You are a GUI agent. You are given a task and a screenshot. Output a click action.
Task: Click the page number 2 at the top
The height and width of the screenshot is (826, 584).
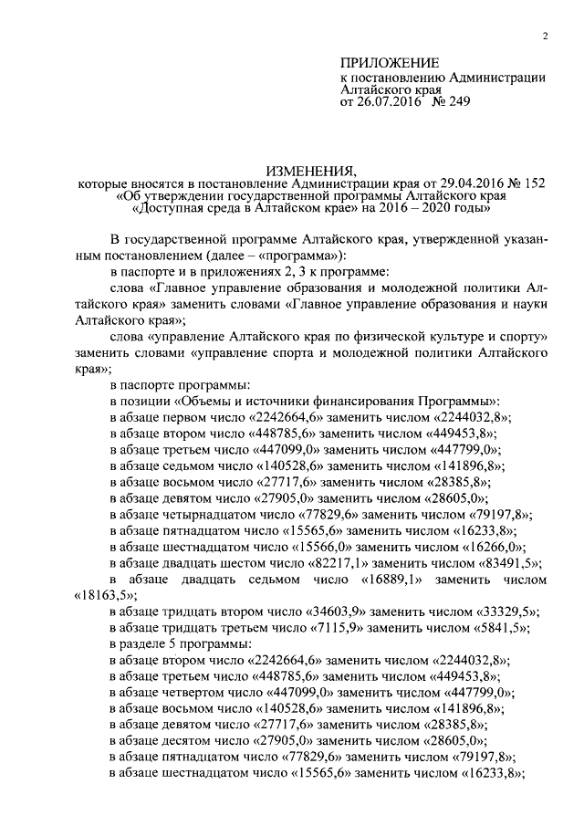[x=544, y=37]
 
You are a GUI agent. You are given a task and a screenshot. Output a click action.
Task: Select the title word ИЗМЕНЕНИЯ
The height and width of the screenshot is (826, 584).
[x=310, y=171]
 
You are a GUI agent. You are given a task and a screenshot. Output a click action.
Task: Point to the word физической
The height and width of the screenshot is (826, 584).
[x=379, y=338]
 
